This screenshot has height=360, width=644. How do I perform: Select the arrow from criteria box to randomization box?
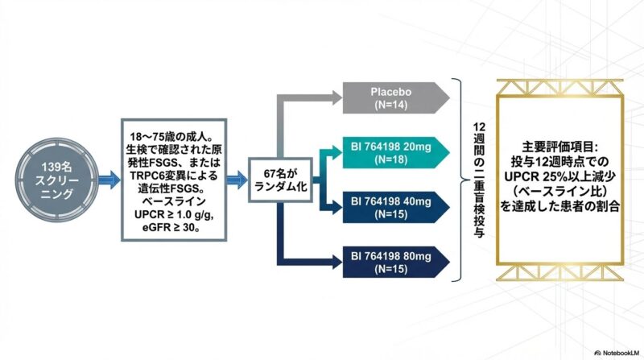click(x=237, y=180)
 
